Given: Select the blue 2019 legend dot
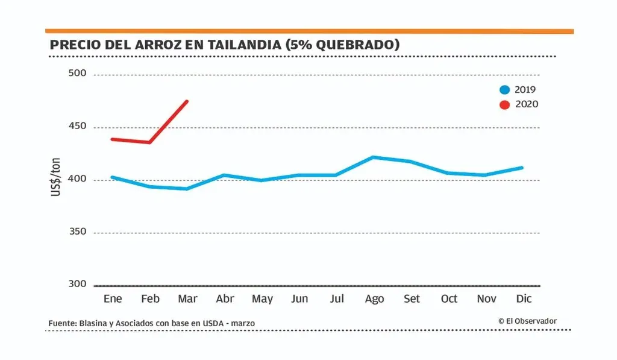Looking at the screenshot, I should click(505, 90).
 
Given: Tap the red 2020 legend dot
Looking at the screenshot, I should click(505, 104).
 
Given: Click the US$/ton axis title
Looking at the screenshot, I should click(57, 177).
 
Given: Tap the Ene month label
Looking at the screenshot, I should click(113, 299).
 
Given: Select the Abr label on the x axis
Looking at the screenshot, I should click(225, 299).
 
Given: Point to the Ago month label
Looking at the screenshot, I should click(374, 299).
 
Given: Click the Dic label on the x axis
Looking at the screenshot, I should click(524, 299).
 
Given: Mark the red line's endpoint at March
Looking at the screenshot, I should click(187, 101).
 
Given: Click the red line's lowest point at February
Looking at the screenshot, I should click(149, 142).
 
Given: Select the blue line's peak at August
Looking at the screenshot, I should click(374, 157).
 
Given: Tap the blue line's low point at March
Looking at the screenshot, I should click(187, 189).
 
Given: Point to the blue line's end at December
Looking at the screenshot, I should click(522, 168).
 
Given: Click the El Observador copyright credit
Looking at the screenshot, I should click(527, 321).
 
